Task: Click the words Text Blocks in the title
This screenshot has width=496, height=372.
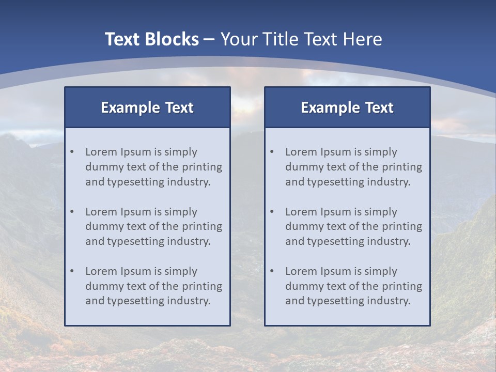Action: click(151, 39)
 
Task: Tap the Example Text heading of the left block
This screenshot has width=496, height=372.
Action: click(147, 107)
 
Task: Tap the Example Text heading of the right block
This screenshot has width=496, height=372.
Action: click(347, 107)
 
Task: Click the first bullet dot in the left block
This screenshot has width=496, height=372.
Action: click(72, 152)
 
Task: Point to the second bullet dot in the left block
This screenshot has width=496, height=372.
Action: click(72, 212)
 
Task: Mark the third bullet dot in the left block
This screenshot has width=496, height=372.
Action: click(72, 271)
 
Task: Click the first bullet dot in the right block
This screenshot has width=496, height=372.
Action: click(272, 152)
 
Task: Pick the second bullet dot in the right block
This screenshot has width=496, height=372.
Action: click(272, 212)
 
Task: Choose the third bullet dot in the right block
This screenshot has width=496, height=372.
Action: click(272, 271)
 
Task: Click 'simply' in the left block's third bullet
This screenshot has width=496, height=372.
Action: click(181, 272)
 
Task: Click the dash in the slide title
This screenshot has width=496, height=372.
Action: click(210, 40)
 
